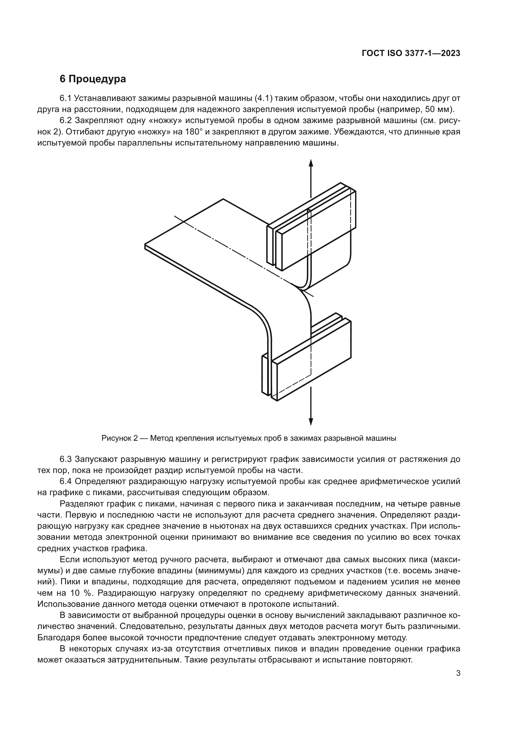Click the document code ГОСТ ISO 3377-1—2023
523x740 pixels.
point(411,53)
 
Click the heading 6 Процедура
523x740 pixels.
point(93,79)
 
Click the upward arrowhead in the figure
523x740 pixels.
point(311,162)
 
